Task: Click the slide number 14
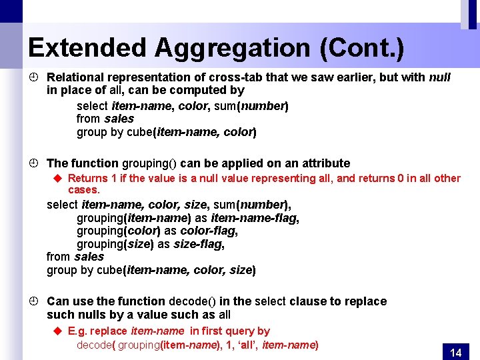[x=456, y=353]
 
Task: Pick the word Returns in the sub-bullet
[x=87, y=178]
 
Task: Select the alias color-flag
[x=209, y=231]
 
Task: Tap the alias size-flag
[x=198, y=244]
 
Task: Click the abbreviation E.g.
[x=77, y=331]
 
